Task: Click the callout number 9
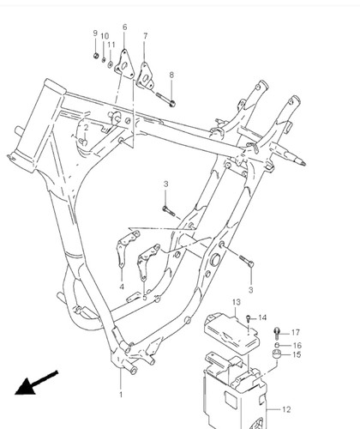(95, 33)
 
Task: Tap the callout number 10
(105, 36)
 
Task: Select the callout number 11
(111, 45)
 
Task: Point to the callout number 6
(124, 27)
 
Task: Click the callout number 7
(146, 36)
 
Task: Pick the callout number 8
(171, 75)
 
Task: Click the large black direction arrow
(36, 383)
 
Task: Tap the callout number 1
(121, 395)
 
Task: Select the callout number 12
(286, 409)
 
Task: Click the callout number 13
(237, 302)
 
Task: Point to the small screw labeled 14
(248, 317)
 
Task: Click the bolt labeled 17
(277, 333)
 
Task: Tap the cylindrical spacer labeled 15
(277, 354)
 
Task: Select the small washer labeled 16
(277, 345)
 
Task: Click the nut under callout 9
(96, 56)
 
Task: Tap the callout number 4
(122, 287)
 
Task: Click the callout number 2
(86, 128)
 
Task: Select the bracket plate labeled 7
(145, 76)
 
